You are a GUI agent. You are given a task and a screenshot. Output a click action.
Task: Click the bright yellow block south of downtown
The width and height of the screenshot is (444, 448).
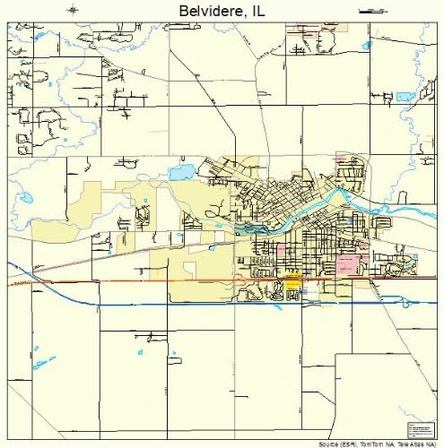(292, 284)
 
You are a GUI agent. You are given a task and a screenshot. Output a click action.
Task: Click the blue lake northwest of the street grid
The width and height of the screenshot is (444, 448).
(182, 169)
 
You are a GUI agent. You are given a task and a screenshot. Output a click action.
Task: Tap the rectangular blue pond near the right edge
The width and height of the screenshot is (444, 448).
(405, 96)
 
